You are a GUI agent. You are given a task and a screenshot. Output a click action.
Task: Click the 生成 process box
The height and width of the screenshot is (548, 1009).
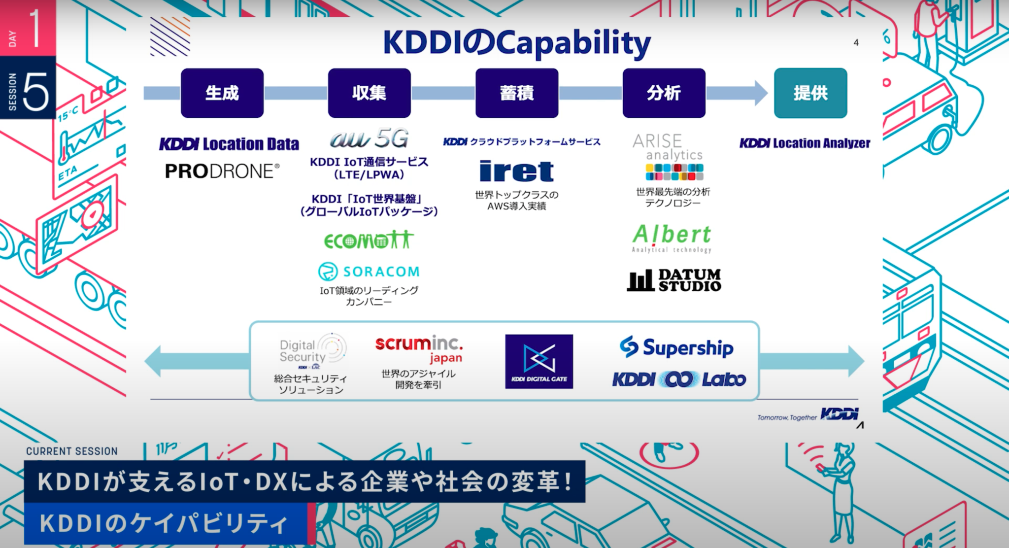[x=222, y=93]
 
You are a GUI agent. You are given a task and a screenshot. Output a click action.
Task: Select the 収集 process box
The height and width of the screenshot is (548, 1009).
[x=369, y=93]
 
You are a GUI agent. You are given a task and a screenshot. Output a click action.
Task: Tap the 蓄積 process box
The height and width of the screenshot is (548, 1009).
[x=516, y=93]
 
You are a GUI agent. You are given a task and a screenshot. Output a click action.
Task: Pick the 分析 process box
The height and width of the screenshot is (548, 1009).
[x=664, y=93]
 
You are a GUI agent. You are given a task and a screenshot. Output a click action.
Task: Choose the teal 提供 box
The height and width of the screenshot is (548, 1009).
[x=810, y=93]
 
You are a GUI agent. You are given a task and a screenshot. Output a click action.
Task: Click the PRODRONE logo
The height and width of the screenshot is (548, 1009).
[x=222, y=171]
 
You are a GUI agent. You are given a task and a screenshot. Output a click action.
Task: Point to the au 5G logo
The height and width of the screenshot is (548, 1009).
[x=369, y=138]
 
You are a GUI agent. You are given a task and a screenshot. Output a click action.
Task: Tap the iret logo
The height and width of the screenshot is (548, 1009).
[x=516, y=171]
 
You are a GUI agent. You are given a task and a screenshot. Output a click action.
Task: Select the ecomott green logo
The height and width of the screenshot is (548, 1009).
[x=369, y=240]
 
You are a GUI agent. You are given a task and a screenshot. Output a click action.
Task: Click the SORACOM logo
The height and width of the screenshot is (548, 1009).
[x=369, y=272]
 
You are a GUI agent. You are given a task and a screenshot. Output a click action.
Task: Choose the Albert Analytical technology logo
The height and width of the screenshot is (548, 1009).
[x=672, y=238]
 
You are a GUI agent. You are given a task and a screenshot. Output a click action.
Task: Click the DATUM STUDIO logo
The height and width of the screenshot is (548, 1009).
[x=674, y=280]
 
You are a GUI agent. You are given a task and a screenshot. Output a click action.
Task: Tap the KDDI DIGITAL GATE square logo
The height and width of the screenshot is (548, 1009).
[x=539, y=361]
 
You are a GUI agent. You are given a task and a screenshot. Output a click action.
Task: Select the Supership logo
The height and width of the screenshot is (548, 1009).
[x=676, y=347]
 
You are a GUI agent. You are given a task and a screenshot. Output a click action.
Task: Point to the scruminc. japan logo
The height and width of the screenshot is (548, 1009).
[x=419, y=348]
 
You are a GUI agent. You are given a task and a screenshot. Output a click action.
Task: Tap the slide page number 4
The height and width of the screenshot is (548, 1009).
[x=856, y=43]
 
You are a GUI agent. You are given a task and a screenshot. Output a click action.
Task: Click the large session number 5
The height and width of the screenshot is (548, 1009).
[x=35, y=92]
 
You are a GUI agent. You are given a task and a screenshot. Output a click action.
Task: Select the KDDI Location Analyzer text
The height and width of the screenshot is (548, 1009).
[x=805, y=143]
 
